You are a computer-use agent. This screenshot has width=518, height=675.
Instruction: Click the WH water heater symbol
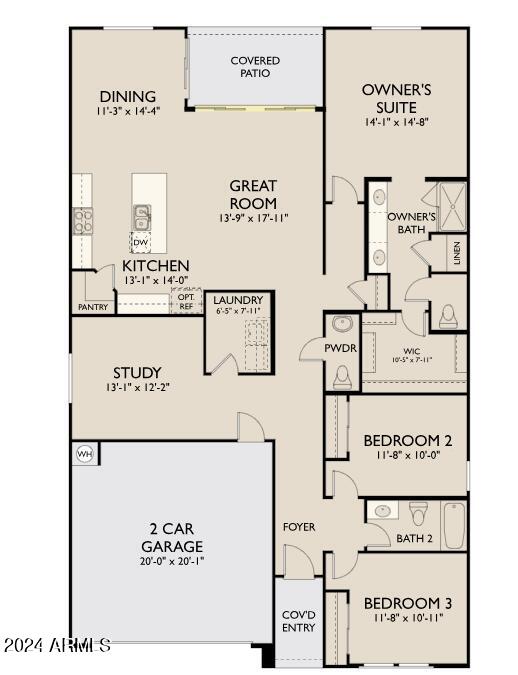(84, 454)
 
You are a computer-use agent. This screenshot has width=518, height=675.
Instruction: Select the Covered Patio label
(255, 67)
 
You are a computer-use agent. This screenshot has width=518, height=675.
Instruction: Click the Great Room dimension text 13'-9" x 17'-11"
(253, 218)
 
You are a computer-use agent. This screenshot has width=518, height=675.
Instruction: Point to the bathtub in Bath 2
(454, 525)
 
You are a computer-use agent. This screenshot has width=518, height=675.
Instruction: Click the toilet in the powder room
(342, 375)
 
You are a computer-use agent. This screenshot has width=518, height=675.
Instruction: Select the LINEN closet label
(456, 254)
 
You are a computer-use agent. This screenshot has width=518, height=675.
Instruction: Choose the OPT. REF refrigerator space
(186, 301)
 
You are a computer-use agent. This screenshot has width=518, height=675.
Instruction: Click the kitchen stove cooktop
(81, 220)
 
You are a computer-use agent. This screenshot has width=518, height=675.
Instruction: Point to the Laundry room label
(238, 299)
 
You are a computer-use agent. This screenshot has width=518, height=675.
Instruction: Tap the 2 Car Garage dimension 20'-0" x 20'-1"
(171, 561)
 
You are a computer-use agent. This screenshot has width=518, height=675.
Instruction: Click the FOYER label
(298, 527)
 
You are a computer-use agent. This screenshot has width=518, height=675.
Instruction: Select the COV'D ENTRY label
(298, 621)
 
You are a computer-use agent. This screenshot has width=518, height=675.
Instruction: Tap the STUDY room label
(137, 372)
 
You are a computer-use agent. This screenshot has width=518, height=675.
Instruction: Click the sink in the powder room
(342, 325)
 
